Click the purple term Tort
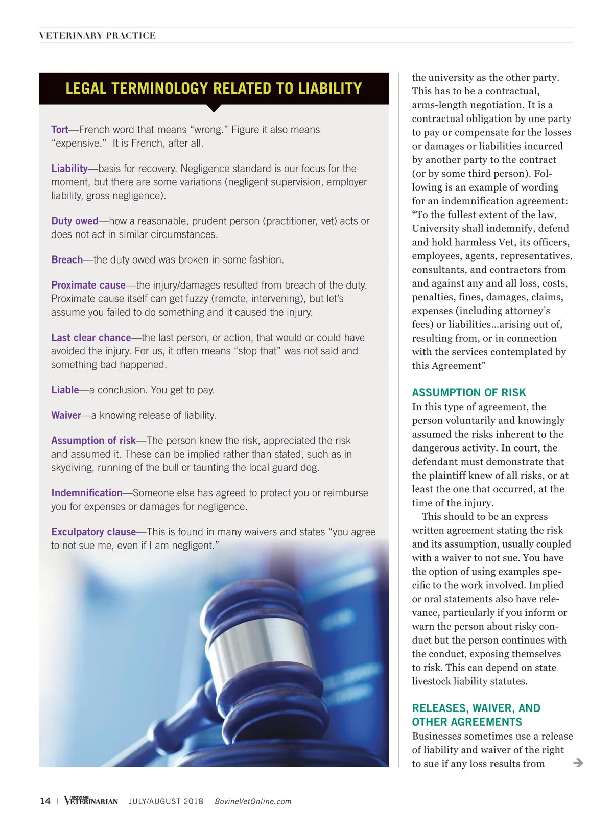(x=60, y=130)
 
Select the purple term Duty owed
(x=75, y=221)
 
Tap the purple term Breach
(x=67, y=259)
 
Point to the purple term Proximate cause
(x=88, y=285)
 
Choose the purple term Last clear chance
(x=91, y=338)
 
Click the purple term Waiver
(x=66, y=415)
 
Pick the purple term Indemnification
(x=87, y=493)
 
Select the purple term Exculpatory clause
(x=93, y=532)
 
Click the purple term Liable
(x=65, y=390)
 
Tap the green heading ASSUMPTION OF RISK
(x=469, y=392)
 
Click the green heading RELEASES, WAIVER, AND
(x=476, y=708)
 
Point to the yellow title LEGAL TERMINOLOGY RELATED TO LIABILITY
(x=214, y=88)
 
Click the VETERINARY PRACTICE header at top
(x=98, y=36)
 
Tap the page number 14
(x=45, y=801)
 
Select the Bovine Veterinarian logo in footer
(x=91, y=800)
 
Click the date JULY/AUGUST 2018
(x=166, y=801)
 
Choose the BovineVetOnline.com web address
(x=253, y=801)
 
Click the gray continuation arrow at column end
(x=578, y=763)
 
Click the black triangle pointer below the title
(x=214, y=108)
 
